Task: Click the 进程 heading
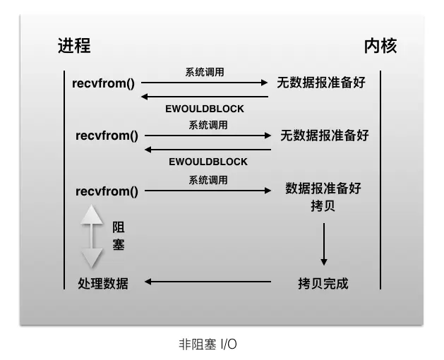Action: point(74,47)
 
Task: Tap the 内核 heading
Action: point(380,47)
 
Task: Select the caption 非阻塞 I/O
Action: point(208,344)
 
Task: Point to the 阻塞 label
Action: point(119,236)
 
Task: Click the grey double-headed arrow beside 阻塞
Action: point(92,236)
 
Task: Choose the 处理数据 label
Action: point(103,283)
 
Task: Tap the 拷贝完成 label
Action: point(323,283)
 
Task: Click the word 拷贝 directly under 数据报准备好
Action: point(323,207)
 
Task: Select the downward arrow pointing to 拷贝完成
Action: point(323,244)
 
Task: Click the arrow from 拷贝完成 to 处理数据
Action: point(208,282)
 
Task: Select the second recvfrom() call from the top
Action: point(107,135)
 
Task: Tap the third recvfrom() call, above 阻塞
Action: point(107,191)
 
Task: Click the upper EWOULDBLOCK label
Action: point(205,109)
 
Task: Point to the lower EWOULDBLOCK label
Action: point(208,162)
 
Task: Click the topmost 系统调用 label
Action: point(205,72)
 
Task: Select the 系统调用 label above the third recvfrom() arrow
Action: point(208,180)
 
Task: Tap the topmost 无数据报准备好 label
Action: point(321,83)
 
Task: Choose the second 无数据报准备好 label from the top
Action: point(324,135)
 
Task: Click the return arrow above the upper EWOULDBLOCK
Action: point(205,96)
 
